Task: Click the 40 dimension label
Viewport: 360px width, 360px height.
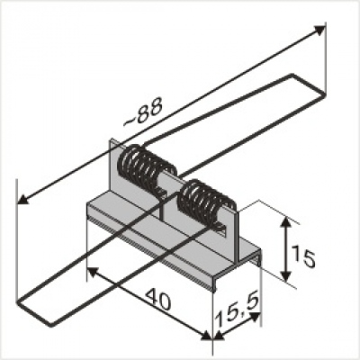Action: click(158, 299)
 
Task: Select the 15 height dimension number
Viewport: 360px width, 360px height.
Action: click(303, 256)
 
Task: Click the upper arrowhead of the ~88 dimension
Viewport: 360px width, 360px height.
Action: click(319, 30)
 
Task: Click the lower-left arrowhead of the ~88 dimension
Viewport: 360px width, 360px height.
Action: click(22, 199)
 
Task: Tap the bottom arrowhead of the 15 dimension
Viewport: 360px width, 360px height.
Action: click(287, 275)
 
